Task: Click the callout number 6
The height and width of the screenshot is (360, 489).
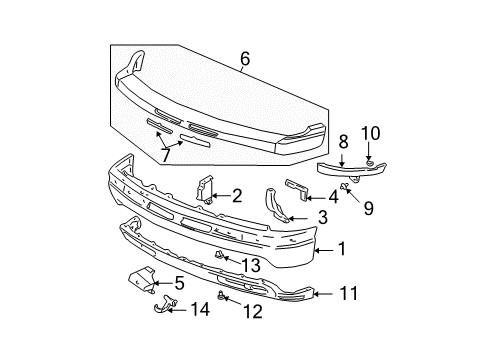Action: [246, 59]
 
